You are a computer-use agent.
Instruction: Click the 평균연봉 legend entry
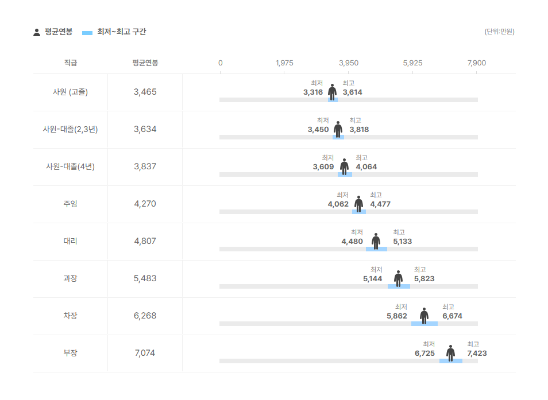pyautogui.click(x=53, y=32)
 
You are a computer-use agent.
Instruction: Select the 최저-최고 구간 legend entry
pyautogui.click(x=114, y=32)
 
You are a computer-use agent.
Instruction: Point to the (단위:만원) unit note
pyautogui.click(x=499, y=32)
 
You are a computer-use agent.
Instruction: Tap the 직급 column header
pyautogui.click(x=70, y=63)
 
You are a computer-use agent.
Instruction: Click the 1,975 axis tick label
pyautogui.click(x=284, y=63)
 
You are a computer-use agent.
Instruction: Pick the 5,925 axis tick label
pyautogui.click(x=412, y=63)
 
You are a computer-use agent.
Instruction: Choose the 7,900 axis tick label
pyautogui.click(x=477, y=63)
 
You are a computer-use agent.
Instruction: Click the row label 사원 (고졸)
pyautogui.click(x=70, y=92)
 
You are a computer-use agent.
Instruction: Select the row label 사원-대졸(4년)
pyautogui.click(x=70, y=166)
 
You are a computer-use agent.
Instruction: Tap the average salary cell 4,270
pyautogui.click(x=145, y=204)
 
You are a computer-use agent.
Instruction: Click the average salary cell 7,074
pyautogui.click(x=145, y=353)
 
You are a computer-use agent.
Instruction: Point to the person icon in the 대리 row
pyautogui.click(x=376, y=241)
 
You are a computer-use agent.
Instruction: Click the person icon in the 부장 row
pyautogui.click(x=450, y=353)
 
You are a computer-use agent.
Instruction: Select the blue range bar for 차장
pyautogui.click(x=424, y=324)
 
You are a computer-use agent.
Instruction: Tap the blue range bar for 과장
pyautogui.click(x=399, y=286)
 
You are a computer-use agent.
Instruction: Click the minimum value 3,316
pyautogui.click(x=313, y=92)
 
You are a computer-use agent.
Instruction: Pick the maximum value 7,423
pyautogui.click(x=477, y=354)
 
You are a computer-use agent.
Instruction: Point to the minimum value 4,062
pyautogui.click(x=338, y=204)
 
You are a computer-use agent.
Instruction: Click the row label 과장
pyautogui.click(x=70, y=278)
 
